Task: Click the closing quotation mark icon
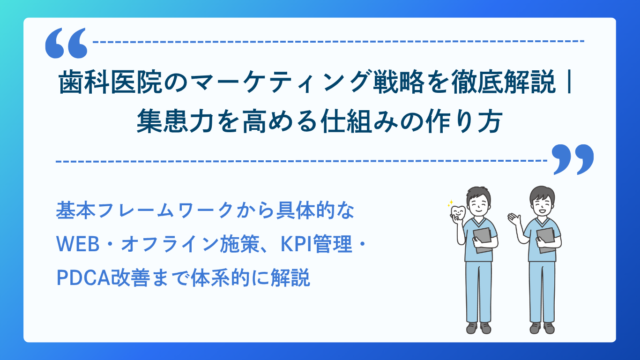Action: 573,159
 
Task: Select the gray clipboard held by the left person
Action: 483,240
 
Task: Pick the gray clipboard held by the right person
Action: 546,240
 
